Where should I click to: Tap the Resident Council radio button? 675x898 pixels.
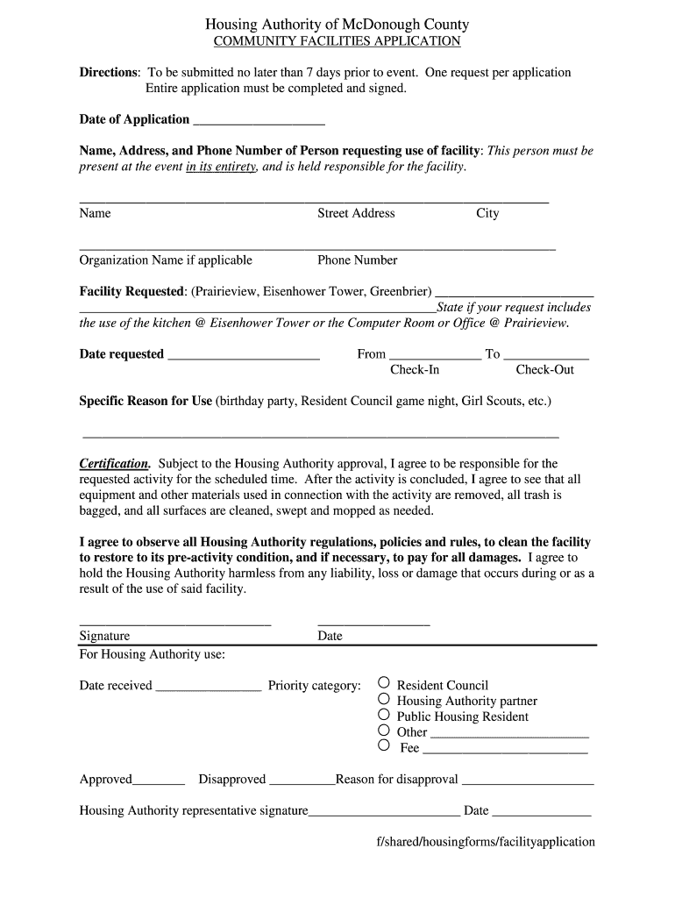pyautogui.click(x=384, y=683)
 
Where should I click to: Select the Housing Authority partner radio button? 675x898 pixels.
pyautogui.click(x=384, y=699)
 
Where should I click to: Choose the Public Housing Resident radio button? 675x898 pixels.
pyautogui.click(x=384, y=715)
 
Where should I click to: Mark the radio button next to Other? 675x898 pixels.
pyautogui.click(x=384, y=730)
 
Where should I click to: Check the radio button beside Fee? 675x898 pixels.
pyautogui.click(x=384, y=745)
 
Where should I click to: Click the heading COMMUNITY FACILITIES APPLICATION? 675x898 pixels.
pyautogui.click(x=337, y=41)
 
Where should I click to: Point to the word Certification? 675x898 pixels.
pyautogui.click(x=115, y=463)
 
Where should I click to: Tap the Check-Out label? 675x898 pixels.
pyautogui.click(x=544, y=370)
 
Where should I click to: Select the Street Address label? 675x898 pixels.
pyautogui.click(x=356, y=213)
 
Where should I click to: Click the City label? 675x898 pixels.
pyautogui.click(x=487, y=213)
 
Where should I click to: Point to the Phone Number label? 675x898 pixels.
pyautogui.click(x=357, y=260)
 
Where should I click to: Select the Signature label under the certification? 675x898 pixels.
pyautogui.click(x=104, y=636)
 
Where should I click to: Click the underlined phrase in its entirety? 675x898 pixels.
pyautogui.click(x=221, y=167)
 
